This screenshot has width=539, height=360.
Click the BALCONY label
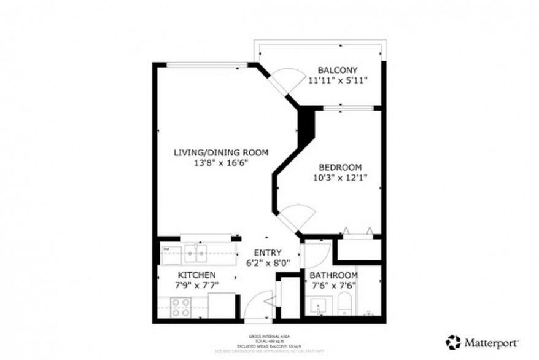click(337, 70)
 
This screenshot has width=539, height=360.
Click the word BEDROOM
click(339, 167)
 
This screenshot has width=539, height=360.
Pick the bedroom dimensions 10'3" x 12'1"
click(339, 178)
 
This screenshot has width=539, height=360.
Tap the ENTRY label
click(268, 252)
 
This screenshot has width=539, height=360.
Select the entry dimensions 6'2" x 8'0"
click(268, 263)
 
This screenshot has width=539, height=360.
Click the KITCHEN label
click(196, 275)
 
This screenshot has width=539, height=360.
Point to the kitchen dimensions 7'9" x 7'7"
click(196, 286)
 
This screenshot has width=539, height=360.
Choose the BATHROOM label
click(333, 275)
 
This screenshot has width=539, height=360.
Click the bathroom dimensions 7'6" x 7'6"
click(333, 285)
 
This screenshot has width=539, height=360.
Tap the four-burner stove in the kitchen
click(180, 307)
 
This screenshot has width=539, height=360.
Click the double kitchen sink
click(196, 252)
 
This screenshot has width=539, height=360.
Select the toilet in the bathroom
click(344, 303)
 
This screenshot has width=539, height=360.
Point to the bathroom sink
click(319, 305)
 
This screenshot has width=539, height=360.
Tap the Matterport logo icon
click(453, 342)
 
